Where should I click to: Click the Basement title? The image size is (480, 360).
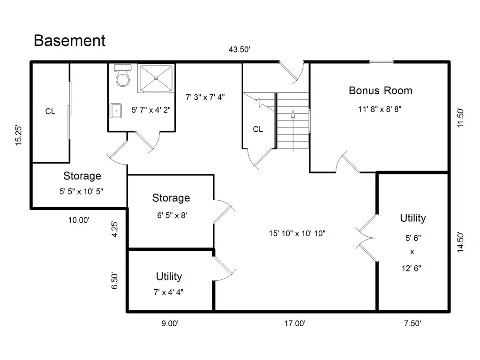pos(69,40)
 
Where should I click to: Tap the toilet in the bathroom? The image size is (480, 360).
pos(123,75)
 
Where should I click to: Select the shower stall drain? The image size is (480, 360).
pos(156,78)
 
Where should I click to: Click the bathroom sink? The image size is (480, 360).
pos(116,111)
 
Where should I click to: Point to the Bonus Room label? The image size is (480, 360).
pos(381,90)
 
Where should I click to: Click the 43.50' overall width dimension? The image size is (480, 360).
pos(240,49)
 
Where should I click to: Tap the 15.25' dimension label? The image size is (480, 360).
pos(19,135)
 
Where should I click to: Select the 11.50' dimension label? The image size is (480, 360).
pos(460,118)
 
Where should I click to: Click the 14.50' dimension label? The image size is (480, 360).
pos(460,242)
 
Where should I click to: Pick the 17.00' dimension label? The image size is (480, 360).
pos(295,323)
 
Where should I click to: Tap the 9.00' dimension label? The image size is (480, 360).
pos(170,323)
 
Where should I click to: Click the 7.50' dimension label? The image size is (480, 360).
pos(412,323)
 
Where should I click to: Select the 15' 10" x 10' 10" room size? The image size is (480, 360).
pos(297,233)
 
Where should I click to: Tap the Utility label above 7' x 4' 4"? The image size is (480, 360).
pos(169,277)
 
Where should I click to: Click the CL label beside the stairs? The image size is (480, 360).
pos(258,129)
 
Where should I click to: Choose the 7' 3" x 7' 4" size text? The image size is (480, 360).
pos(205,97)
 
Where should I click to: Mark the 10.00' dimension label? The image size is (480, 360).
pos(79,220)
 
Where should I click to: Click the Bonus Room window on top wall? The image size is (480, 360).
pos(382,62)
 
